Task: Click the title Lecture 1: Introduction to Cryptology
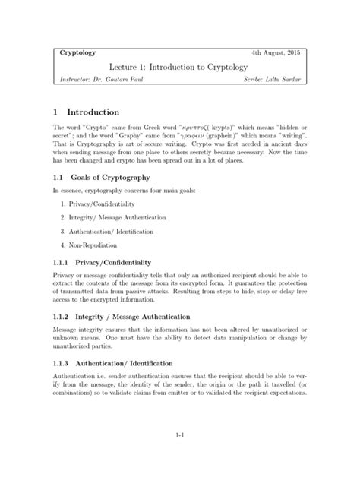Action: pyautogui.click(x=179, y=67)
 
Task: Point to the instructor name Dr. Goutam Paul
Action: pyautogui.click(x=122, y=80)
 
